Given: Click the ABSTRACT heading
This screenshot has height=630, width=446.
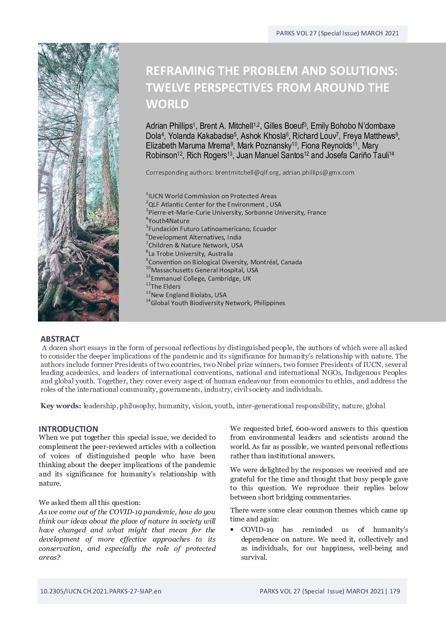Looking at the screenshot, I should [60, 339].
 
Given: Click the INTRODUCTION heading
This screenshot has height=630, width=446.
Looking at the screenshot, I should [68, 429].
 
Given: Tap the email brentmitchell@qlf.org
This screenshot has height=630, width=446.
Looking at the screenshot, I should [247, 173].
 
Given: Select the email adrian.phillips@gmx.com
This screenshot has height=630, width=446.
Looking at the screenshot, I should [318, 173].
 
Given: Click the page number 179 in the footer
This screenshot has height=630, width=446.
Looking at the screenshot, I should [395, 591].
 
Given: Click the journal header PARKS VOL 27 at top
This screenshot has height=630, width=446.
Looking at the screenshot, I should [337, 33].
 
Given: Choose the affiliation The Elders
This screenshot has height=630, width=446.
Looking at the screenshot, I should [166, 287].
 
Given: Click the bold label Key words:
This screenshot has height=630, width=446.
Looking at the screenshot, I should [61, 406].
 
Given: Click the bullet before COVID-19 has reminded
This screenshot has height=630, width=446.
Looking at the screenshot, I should [233, 529].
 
